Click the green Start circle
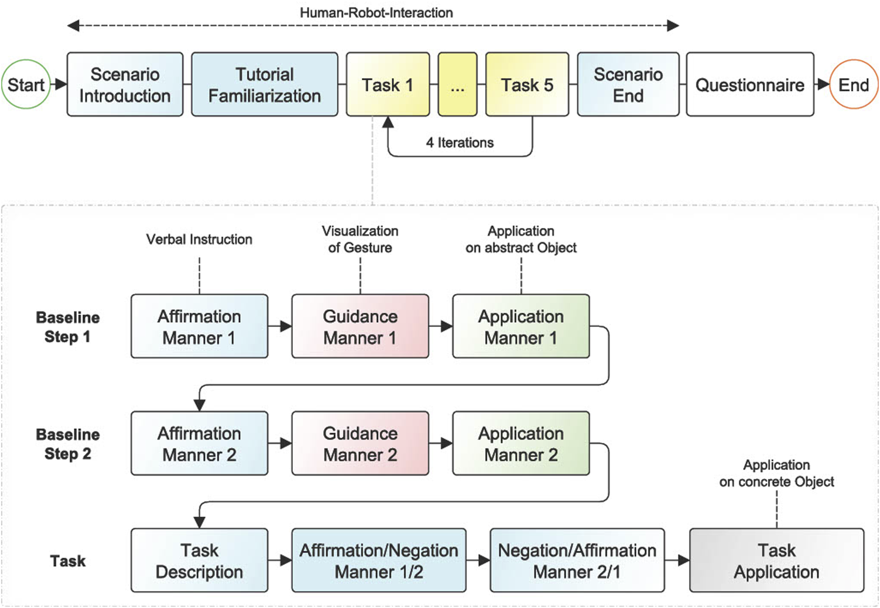point(26,84)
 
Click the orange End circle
point(853,84)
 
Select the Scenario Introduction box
point(125,84)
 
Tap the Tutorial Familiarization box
point(264,84)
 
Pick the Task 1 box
point(387,84)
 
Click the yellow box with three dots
point(457,84)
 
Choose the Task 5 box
point(527,84)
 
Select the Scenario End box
point(628,84)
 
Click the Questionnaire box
point(749,84)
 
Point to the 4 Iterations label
point(460,143)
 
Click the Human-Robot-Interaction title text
point(376,12)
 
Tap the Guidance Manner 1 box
point(360,326)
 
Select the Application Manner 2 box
point(521,443)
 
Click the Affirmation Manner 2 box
point(199,443)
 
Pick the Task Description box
point(199,560)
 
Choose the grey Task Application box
point(776,560)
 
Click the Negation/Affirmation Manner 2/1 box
point(577,560)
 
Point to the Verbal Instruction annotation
point(199,239)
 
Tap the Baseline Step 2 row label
point(68,444)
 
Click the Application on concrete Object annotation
point(776,473)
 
